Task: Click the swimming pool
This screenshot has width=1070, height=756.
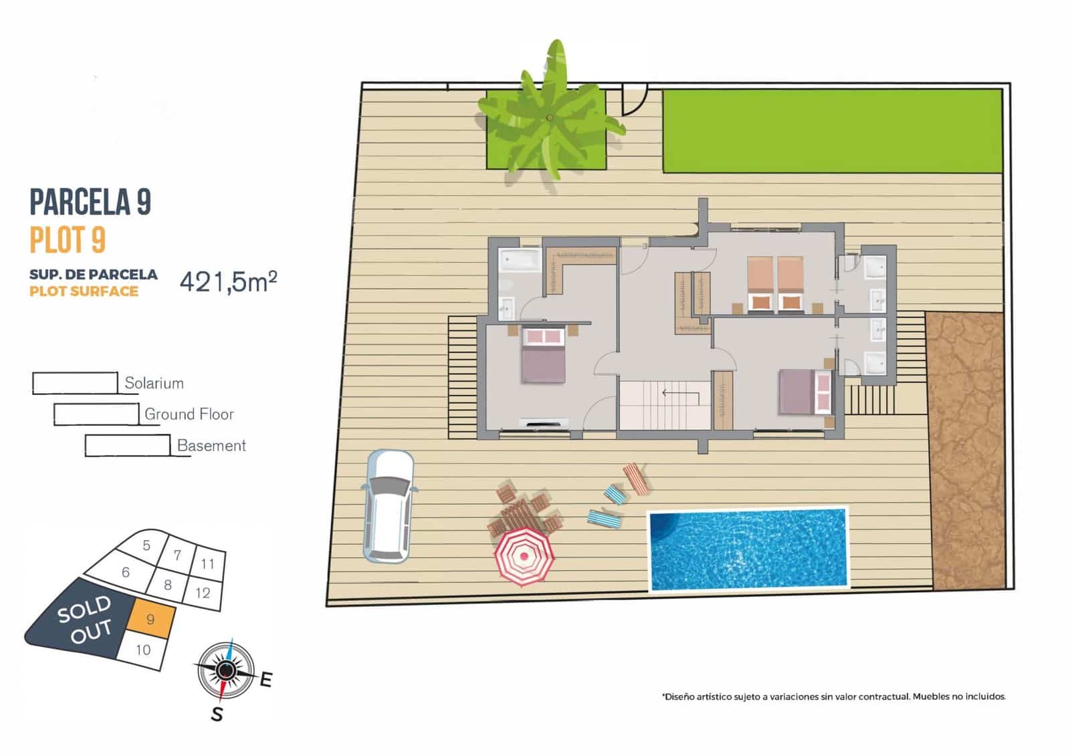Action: (748, 550)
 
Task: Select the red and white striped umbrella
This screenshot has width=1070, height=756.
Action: (524, 556)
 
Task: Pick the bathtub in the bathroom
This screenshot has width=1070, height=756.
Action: (520, 259)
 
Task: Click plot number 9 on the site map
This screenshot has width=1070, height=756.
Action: (150, 619)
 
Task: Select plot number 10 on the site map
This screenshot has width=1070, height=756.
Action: (143, 650)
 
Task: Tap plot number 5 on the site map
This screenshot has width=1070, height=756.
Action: (147, 545)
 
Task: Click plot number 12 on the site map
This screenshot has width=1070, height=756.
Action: (203, 592)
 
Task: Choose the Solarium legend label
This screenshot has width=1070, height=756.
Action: (154, 383)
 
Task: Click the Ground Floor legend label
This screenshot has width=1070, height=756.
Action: (189, 414)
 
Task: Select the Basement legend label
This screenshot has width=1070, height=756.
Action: (211, 446)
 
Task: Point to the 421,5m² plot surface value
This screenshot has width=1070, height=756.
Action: (228, 281)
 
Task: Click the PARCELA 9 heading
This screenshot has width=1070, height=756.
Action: (90, 203)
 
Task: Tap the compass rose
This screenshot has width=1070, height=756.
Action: (226, 668)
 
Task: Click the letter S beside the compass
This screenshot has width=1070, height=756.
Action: (217, 715)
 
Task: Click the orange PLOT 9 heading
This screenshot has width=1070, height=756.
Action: (68, 240)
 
